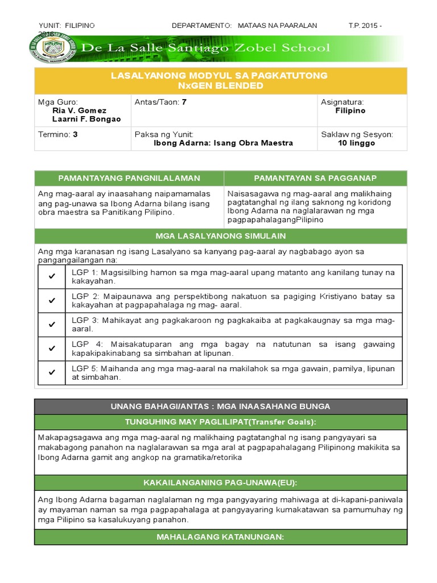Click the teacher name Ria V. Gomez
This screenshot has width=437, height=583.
[x=79, y=110]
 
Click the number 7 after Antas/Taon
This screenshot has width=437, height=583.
[x=184, y=102]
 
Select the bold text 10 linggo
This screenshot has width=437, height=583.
[x=356, y=143]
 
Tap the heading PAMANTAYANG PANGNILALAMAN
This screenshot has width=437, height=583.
[x=129, y=178]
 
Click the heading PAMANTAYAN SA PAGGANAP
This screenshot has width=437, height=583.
[x=315, y=178]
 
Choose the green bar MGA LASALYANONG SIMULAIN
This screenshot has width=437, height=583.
[x=221, y=236]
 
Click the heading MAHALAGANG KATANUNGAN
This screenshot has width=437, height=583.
[x=221, y=537]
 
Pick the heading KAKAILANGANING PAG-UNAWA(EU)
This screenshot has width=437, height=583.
[x=221, y=483]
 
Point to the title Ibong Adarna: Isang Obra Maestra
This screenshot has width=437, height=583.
[x=224, y=143]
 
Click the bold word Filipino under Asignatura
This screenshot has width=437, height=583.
[x=351, y=110]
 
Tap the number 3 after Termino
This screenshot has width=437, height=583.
[x=75, y=134]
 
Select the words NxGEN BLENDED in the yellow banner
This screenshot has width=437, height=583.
[x=220, y=85]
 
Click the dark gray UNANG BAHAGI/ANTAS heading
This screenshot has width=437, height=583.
[x=221, y=406]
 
